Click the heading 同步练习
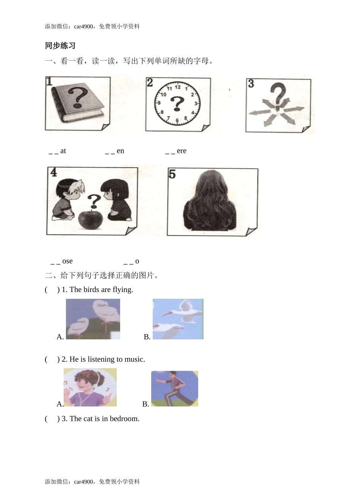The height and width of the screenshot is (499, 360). pos(60,46)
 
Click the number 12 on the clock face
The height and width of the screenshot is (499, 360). pos(177,88)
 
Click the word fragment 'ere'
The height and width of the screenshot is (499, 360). pos(182,151)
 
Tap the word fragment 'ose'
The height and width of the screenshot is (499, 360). pos(67,261)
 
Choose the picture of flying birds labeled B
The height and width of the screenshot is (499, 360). pos(178,319)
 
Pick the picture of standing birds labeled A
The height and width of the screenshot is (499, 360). pos(93,319)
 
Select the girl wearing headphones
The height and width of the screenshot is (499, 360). pos(90,387)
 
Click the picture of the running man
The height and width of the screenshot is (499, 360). pos(174,389)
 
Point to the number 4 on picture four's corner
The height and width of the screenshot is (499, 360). pos(53,173)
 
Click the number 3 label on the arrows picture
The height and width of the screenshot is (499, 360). pos(251,83)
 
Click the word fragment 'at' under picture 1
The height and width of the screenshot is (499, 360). pos(63,151)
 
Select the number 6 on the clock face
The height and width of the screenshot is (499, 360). pos(177,120)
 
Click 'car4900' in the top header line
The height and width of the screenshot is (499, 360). pos(83,27)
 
